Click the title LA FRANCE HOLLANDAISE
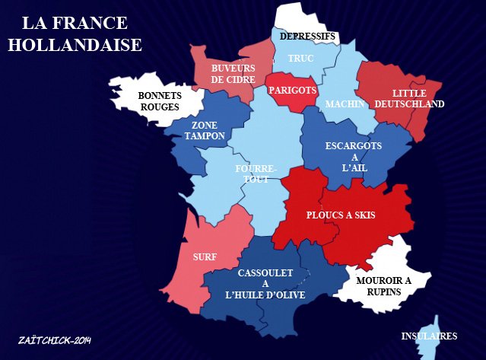tap(75, 33)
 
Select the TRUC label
tap(301, 58)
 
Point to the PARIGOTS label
tap(292, 90)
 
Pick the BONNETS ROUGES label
tap(159, 101)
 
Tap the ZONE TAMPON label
tap(205, 130)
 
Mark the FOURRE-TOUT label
tap(256, 173)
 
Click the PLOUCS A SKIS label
tap(341, 215)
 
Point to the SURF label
tap(205, 257)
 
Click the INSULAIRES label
tap(429, 336)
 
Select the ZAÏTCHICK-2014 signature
tap(54, 339)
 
